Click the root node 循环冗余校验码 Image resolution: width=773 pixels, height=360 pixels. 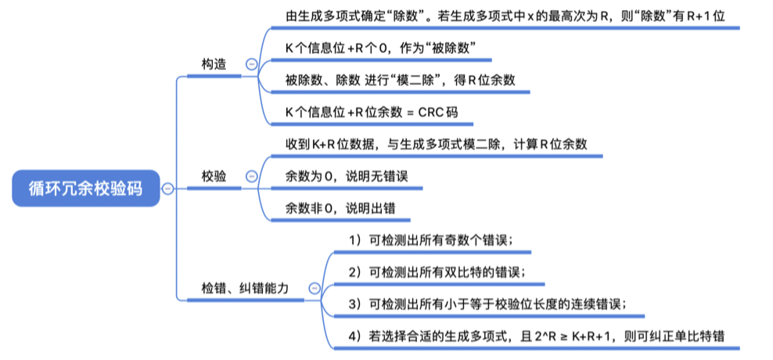(86, 188)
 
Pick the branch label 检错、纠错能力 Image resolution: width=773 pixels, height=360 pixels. (245, 289)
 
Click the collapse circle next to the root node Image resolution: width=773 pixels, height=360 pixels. (167, 189)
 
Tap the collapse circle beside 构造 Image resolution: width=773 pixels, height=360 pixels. (251, 65)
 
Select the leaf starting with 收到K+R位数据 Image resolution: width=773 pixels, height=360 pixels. (436, 145)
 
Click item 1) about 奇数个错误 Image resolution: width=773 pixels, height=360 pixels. (430, 239)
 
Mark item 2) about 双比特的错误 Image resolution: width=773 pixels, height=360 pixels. (437, 272)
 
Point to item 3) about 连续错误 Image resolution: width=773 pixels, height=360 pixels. (487, 304)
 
